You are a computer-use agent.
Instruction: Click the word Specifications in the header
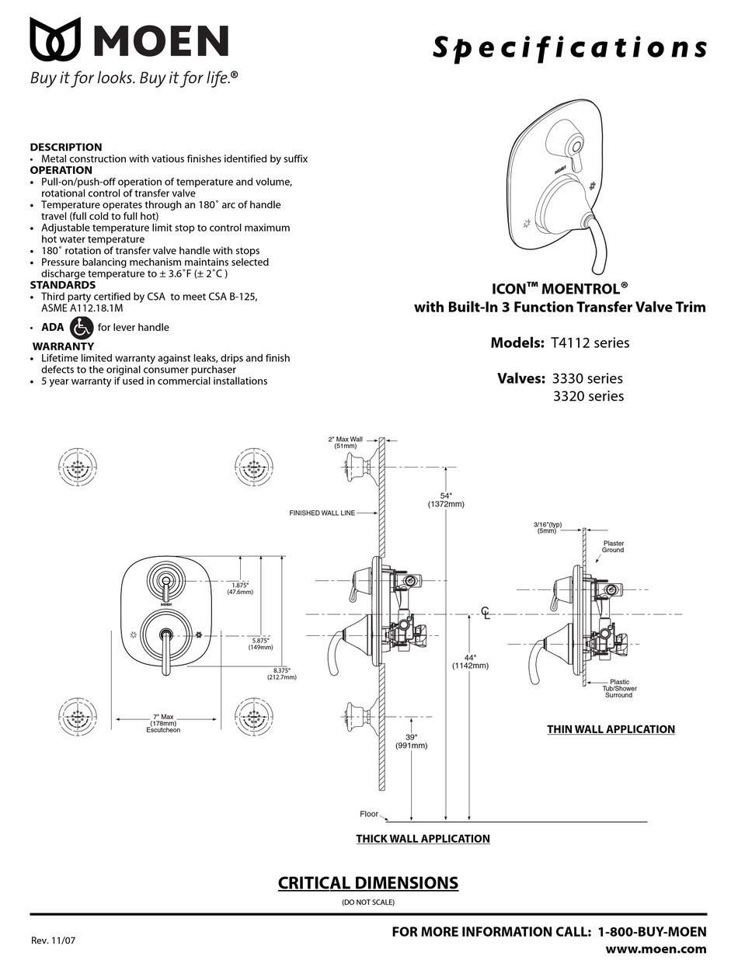point(569,48)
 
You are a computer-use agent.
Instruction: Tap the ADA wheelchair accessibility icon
point(82,327)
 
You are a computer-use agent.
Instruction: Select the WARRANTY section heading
point(64,346)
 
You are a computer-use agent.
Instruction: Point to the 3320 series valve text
point(587,396)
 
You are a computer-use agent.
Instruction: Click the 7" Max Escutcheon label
point(162,723)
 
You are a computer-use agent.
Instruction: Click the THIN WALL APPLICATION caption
point(611,729)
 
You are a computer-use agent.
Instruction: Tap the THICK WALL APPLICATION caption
point(423,839)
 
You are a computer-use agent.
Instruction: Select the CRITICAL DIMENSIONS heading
point(367,883)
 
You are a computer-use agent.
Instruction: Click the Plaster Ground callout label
point(613,547)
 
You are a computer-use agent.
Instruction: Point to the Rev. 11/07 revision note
point(54,940)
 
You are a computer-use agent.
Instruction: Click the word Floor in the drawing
point(368,814)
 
